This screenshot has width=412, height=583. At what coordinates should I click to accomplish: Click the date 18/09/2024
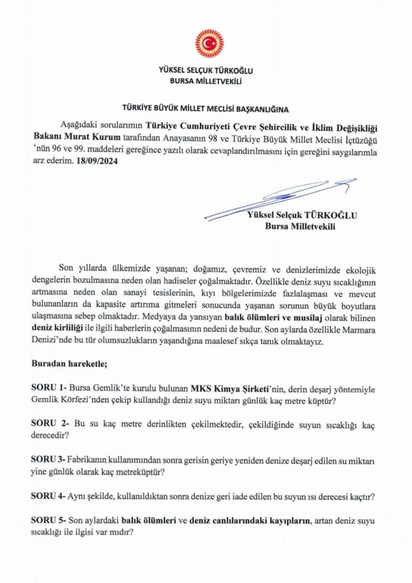click(x=94, y=162)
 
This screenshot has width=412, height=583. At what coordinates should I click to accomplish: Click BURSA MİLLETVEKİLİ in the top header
click(x=206, y=80)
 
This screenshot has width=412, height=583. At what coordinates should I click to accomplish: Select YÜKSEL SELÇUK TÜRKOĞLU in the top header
click(x=205, y=71)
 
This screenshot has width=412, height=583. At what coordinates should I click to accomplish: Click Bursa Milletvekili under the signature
click(x=300, y=225)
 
